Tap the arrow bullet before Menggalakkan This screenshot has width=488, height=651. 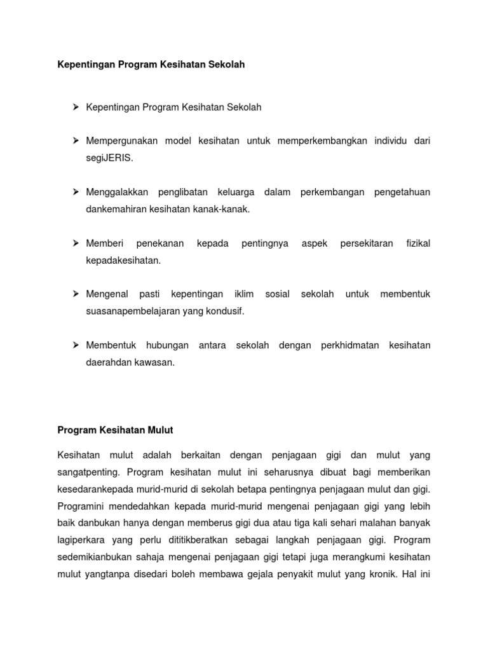75,192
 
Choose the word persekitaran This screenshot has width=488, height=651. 367,243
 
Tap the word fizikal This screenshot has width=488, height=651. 418,243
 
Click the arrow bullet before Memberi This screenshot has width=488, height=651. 75,243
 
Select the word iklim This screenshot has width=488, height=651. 243,294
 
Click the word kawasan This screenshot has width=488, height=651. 156,363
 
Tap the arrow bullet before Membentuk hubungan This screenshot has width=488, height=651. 75,345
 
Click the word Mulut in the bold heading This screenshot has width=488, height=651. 160,430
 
